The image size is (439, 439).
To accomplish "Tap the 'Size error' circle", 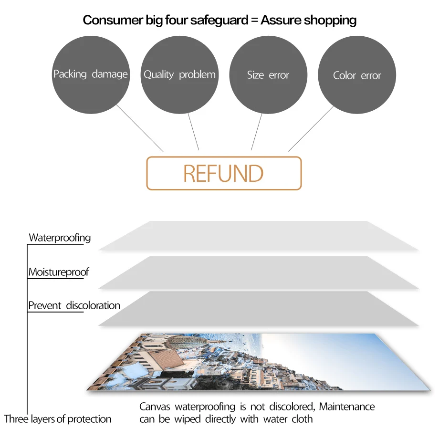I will tap(268, 75).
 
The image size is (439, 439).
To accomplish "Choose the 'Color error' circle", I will tap(357, 75).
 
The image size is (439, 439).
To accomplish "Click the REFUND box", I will tap(224, 173).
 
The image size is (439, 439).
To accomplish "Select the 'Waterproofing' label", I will tap(60, 238).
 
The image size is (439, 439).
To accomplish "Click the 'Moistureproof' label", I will tap(59, 272).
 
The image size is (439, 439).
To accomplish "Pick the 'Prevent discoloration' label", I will tap(74, 305).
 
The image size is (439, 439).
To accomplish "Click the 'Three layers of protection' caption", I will tap(58, 419).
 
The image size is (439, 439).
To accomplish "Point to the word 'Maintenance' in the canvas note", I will tap(347, 407).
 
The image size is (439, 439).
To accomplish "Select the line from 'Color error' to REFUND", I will tap(311, 128).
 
